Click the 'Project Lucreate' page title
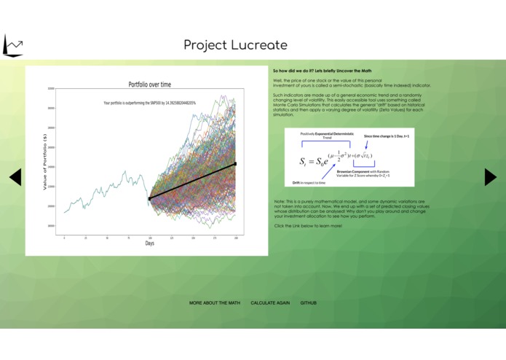[235, 45]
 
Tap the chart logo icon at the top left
[13, 46]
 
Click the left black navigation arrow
[15, 176]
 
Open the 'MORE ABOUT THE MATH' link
[214, 302]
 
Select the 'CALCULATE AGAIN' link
[270, 302]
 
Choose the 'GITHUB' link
[308, 302]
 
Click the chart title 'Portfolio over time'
[150, 85]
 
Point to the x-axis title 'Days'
[149, 243]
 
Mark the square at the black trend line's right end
[234, 164]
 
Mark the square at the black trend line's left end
[149, 198]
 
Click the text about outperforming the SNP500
[149, 103]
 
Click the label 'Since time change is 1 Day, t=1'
[387, 136]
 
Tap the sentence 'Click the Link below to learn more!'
[308, 226]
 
